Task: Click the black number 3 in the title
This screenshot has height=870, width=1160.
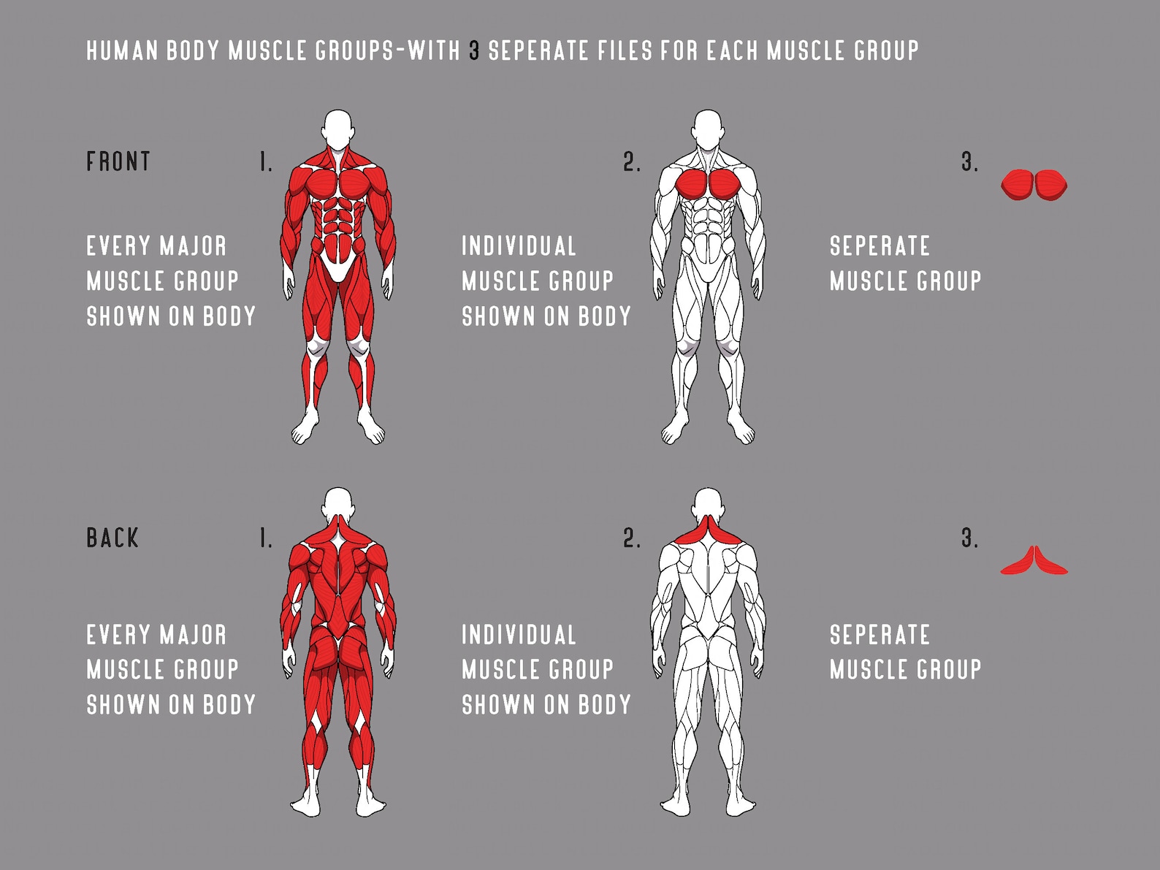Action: [475, 51]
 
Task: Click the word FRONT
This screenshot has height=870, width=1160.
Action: [118, 161]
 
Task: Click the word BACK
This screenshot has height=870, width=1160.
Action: [112, 538]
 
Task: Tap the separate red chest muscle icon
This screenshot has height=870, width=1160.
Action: [1034, 185]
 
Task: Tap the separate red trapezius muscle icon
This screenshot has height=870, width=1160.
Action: [1034, 562]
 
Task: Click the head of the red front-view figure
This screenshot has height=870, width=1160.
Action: [337, 129]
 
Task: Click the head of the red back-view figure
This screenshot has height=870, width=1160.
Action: [337, 505]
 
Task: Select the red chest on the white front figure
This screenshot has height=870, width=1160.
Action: [707, 183]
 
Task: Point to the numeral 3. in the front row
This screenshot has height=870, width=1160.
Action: [969, 161]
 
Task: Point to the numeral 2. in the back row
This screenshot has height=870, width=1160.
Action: [632, 539]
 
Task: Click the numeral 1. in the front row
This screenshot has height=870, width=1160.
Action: [266, 162]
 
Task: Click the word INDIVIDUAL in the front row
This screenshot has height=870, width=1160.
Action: [519, 246]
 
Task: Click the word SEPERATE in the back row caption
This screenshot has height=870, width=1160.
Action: [879, 635]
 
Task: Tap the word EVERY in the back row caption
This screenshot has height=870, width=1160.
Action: [121, 635]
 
